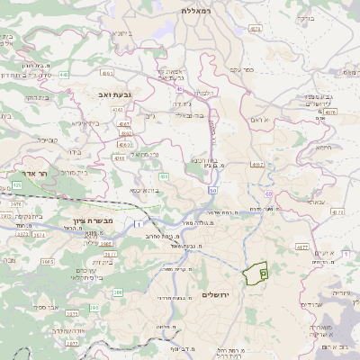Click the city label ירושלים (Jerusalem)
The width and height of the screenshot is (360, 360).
click(217, 295)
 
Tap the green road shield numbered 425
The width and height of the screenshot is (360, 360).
click(17, 184)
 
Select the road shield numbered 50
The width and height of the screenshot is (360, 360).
click(211, 191)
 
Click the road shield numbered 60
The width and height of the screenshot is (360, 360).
click(268, 193)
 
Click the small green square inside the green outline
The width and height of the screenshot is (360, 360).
click(263, 272)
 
